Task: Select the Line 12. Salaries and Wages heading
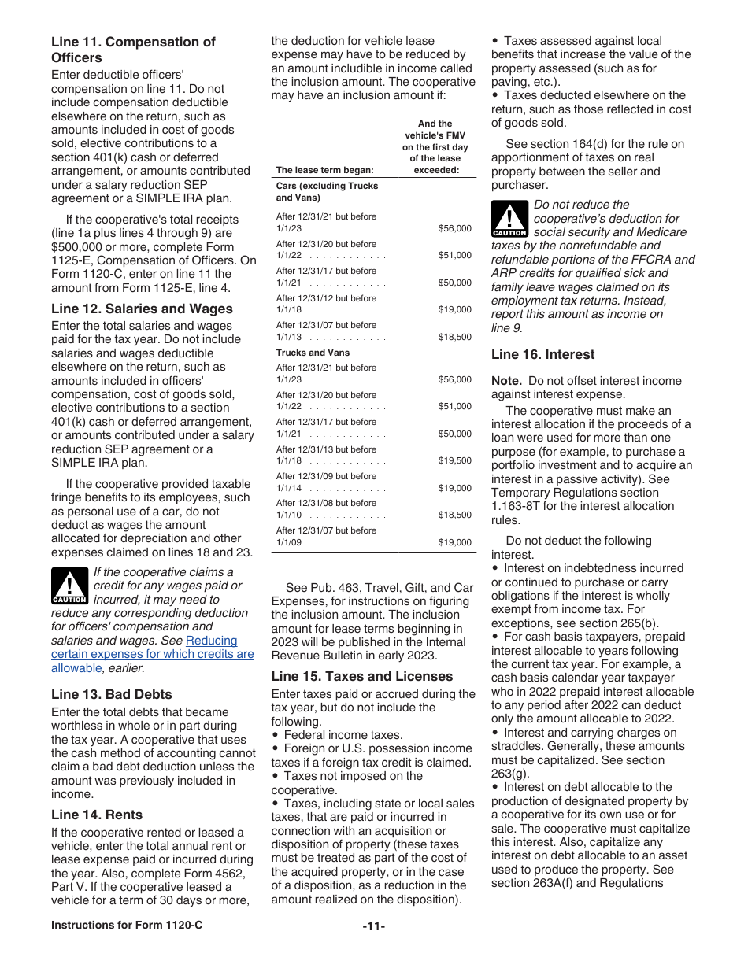click(x=142, y=309)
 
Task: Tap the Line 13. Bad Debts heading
click(x=111, y=694)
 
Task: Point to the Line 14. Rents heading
click(x=97, y=815)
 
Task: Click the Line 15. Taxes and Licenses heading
click(x=361, y=676)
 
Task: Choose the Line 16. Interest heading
click(x=542, y=354)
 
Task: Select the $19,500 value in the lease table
click(x=454, y=461)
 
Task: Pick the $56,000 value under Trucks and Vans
click(x=454, y=380)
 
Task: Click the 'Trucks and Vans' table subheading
click(x=313, y=353)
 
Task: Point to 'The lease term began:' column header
click(x=324, y=170)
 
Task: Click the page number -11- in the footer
click(x=373, y=926)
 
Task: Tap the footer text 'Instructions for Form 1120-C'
click(x=127, y=925)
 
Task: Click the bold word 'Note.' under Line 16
click(x=507, y=381)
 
